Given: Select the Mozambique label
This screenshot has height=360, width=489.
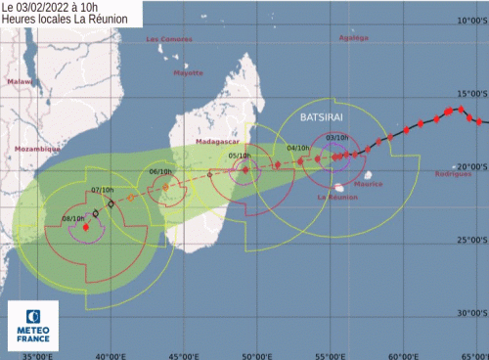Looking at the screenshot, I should point(36,148).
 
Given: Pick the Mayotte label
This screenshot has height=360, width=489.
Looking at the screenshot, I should point(187,72).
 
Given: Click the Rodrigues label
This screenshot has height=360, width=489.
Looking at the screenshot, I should point(453,173).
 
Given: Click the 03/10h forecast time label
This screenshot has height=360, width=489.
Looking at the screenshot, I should point(337,138).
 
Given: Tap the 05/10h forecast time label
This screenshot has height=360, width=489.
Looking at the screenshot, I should point(239,155).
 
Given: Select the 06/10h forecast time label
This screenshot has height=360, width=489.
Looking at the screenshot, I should point(160,172).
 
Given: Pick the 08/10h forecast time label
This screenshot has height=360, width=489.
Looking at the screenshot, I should point(73,218).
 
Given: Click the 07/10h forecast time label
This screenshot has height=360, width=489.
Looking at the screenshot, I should point(102,189).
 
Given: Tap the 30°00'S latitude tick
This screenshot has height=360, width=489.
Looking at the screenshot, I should point(470,313).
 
